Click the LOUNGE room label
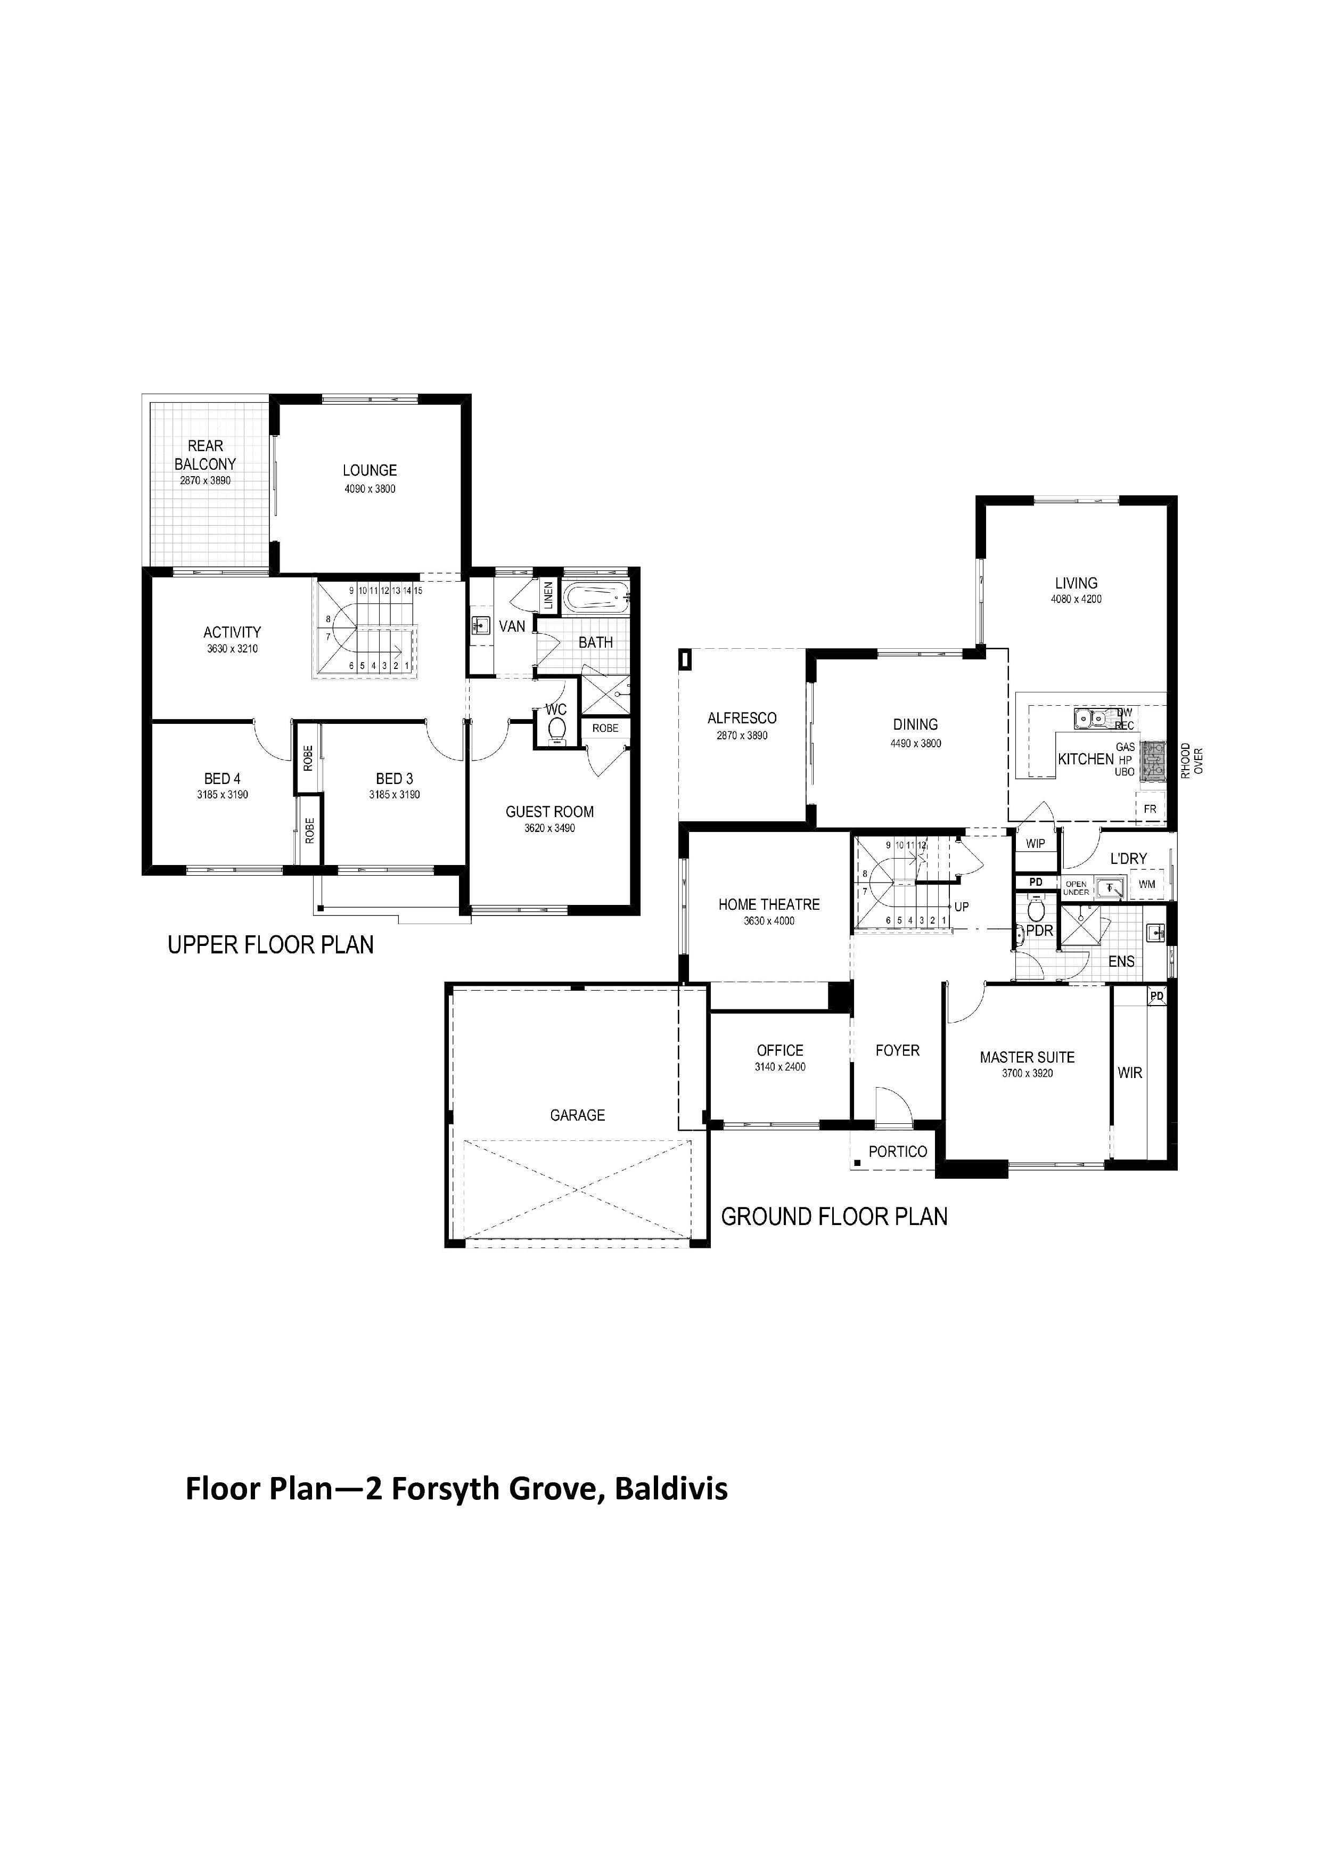click(370, 470)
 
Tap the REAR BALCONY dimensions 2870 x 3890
click(205, 481)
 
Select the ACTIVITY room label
click(232, 632)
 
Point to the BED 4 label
click(222, 779)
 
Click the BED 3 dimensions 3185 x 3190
click(394, 795)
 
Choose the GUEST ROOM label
click(549, 812)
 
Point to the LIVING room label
click(1076, 583)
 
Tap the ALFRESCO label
click(742, 718)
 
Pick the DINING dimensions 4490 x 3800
click(916, 743)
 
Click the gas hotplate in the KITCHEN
click(1153, 761)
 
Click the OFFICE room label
click(780, 1051)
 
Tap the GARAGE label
click(577, 1115)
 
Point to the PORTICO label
click(898, 1152)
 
